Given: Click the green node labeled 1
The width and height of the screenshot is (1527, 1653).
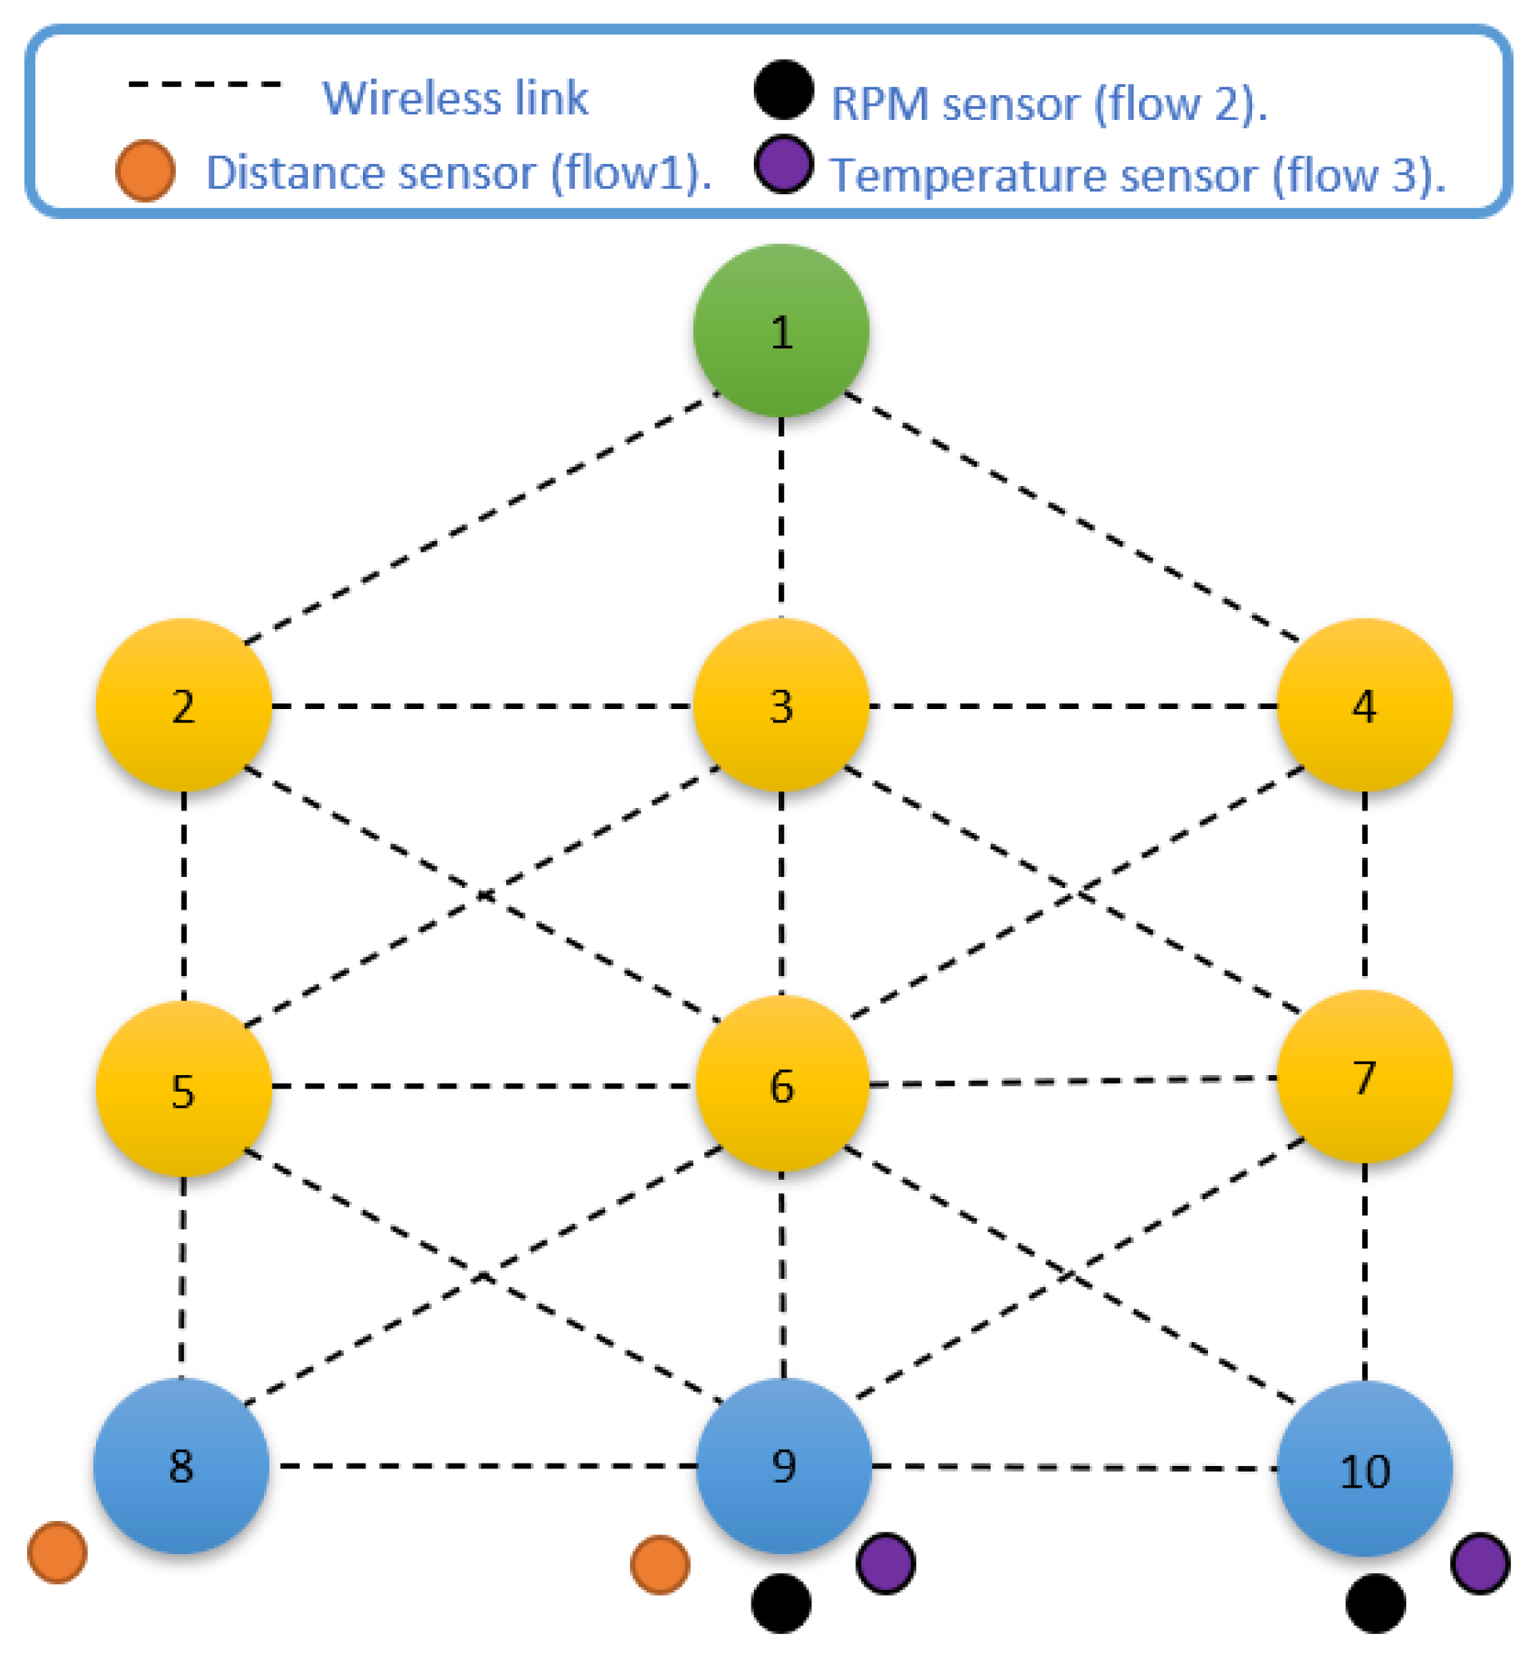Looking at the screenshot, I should tap(781, 330).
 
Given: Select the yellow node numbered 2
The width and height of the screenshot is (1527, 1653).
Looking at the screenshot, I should tap(183, 706).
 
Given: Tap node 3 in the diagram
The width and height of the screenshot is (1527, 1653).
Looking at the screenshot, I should tap(781, 706).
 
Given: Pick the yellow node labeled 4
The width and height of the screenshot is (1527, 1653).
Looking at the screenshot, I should tap(1364, 706).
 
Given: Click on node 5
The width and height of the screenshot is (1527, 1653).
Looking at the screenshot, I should tap(183, 1089).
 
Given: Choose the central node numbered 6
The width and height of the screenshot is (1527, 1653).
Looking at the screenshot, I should tap(782, 1084).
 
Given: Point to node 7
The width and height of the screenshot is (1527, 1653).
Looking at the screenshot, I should tap(1364, 1077).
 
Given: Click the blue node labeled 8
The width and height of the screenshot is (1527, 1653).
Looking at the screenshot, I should tap(181, 1465).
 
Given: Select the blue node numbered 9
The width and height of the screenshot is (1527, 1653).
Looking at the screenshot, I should tap(783, 1465).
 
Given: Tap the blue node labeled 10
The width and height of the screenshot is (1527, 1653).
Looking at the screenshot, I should tap(1364, 1469).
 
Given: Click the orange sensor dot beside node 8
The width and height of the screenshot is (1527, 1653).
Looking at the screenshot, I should tap(57, 1552).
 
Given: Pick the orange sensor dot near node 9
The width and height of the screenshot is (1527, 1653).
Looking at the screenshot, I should tap(660, 1564).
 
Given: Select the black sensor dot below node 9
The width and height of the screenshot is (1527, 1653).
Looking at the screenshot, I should tap(781, 1603).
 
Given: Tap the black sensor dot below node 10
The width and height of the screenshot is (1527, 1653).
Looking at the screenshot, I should tap(1375, 1603).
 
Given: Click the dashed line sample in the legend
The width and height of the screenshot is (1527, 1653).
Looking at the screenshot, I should tap(205, 84).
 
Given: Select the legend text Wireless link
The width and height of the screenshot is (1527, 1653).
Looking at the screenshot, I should tap(454, 98).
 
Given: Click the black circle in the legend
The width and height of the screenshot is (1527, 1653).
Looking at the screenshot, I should tap(783, 90).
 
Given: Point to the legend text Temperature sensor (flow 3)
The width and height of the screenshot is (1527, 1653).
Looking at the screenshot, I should tap(1137, 175).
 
